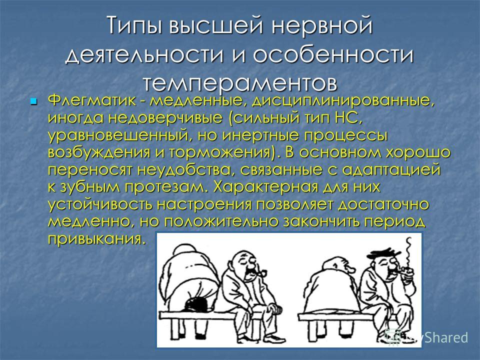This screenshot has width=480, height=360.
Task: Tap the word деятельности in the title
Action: click(x=144, y=55)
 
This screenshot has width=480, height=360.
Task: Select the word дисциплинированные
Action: click(x=343, y=101)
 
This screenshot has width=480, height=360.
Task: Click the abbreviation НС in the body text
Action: click(x=346, y=117)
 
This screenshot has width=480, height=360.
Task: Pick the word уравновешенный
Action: click(x=119, y=135)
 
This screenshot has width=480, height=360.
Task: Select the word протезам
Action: click(x=165, y=187)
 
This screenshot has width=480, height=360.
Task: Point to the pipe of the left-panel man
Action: click(x=261, y=273)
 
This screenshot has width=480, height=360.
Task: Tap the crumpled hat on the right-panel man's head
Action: click(x=383, y=252)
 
